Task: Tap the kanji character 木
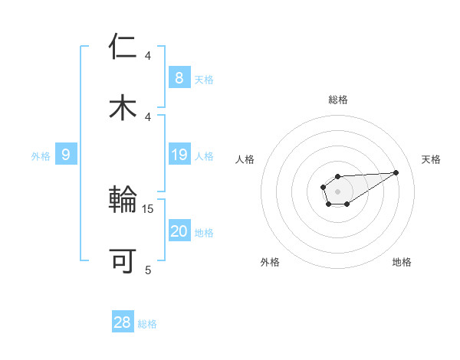(123, 106)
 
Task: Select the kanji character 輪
(123, 201)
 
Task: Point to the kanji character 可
(123, 261)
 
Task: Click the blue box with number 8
(179, 77)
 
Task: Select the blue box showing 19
(179, 155)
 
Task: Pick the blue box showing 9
(66, 155)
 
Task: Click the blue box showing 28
(122, 322)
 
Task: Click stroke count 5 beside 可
(148, 269)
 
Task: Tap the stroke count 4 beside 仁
(148, 56)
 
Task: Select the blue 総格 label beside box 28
(147, 324)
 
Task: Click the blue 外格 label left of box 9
(41, 156)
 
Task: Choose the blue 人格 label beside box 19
(204, 156)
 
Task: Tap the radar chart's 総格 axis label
(337, 100)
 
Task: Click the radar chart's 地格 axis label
(402, 262)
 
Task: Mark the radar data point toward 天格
(396, 172)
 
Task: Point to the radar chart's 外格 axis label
(270, 262)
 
